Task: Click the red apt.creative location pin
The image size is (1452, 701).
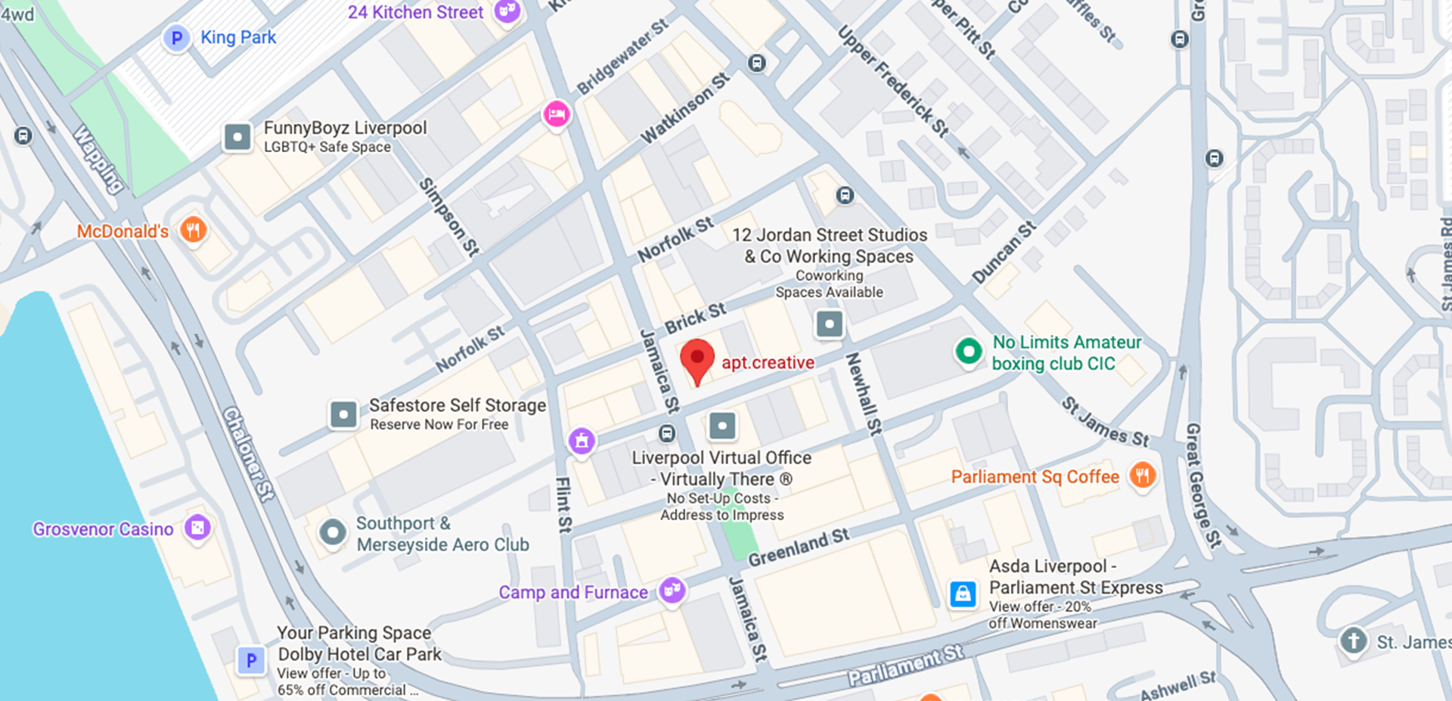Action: click(x=697, y=358)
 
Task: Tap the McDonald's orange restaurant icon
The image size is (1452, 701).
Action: click(x=194, y=230)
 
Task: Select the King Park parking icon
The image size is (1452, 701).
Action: click(x=176, y=38)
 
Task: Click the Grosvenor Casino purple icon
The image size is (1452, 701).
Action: click(x=197, y=528)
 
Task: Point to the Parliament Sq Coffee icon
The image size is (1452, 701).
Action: click(x=1142, y=476)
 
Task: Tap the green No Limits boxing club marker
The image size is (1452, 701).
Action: click(x=968, y=352)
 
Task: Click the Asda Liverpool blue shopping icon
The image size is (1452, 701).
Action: click(x=963, y=594)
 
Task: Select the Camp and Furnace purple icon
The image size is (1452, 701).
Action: click(x=672, y=591)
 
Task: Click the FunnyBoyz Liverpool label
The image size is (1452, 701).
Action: click(x=345, y=128)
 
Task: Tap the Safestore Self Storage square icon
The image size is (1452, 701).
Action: click(x=343, y=414)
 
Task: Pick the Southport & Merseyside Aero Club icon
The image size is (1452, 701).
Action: click(x=333, y=533)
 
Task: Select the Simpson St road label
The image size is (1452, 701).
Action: click(x=449, y=218)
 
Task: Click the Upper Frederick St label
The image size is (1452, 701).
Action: click(x=893, y=82)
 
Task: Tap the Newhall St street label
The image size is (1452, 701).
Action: click(x=863, y=394)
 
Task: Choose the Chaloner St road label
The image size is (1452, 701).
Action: click(x=248, y=454)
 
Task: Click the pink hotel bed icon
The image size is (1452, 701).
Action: click(x=557, y=115)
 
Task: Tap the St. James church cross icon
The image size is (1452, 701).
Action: click(x=1353, y=641)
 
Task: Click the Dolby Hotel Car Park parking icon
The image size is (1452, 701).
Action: click(x=251, y=661)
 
